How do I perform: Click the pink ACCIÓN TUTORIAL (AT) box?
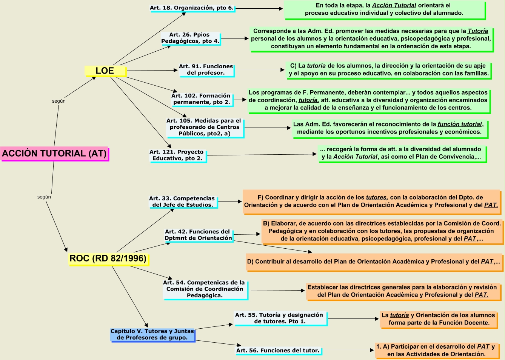click(x=54, y=154)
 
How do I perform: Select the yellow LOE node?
click(x=105, y=71)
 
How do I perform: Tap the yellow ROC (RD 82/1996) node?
click(x=108, y=258)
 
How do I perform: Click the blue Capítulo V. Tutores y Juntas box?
click(x=152, y=334)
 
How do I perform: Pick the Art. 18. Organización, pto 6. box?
click(x=192, y=8)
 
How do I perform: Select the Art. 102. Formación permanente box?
click(x=201, y=99)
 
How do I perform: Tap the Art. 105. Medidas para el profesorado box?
click(x=204, y=127)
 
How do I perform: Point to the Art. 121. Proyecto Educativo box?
click(x=177, y=155)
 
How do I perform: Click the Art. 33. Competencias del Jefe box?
click(x=182, y=202)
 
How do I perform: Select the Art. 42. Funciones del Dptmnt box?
click(x=198, y=235)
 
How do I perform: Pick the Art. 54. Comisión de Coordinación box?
click(x=205, y=289)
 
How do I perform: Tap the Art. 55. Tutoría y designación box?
click(x=279, y=318)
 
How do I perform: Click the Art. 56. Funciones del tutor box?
click(x=278, y=351)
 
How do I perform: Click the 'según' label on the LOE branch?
click(x=59, y=101)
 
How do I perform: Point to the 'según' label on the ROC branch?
click(x=44, y=197)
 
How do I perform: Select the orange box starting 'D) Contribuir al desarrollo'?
click(x=374, y=262)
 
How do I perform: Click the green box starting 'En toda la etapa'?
click(x=384, y=9)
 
